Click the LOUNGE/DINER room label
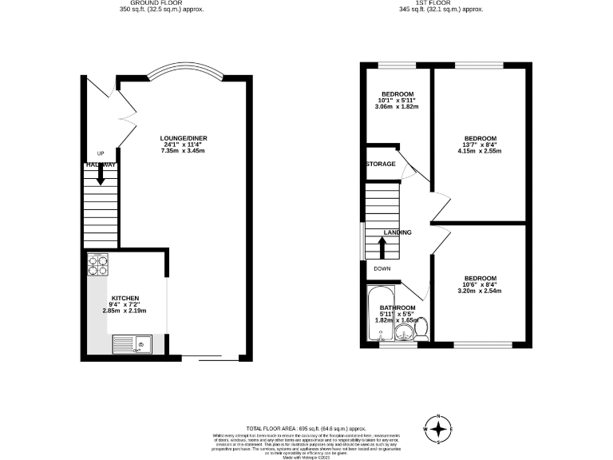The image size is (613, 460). click(x=184, y=138)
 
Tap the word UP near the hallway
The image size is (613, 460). click(x=101, y=153)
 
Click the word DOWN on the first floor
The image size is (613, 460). click(x=382, y=269)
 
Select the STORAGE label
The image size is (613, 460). click(x=381, y=164)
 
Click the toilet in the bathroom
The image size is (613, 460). click(x=421, y=327)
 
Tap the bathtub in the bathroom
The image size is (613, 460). click(x=374, y=319)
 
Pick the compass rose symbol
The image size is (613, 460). click(x=438, y=429)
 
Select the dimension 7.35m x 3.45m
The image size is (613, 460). click(x=184, y=151)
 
